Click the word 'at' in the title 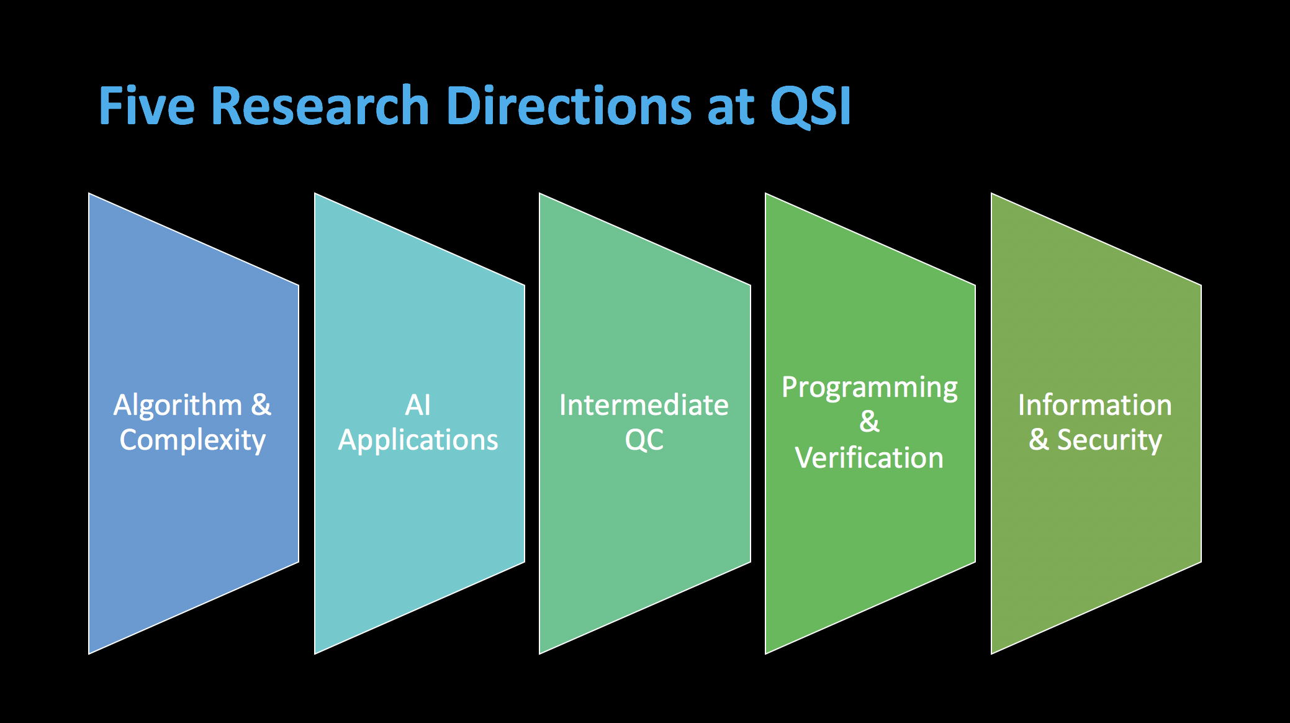pos(731,107)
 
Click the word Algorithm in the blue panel pos(178,406)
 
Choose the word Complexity pos(192,441)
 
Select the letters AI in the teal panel pos(418,406)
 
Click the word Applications pos(418,441)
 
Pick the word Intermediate pos(644,406)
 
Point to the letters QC pos(644,440)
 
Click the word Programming pos(869,388)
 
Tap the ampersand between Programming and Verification pos(869,422)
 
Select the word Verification pos(869,458)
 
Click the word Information pos(1095,406)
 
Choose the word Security pos(1109,441)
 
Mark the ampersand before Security pos(1039,440)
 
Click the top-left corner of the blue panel pos(89,194)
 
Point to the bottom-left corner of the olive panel pos(992,653)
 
